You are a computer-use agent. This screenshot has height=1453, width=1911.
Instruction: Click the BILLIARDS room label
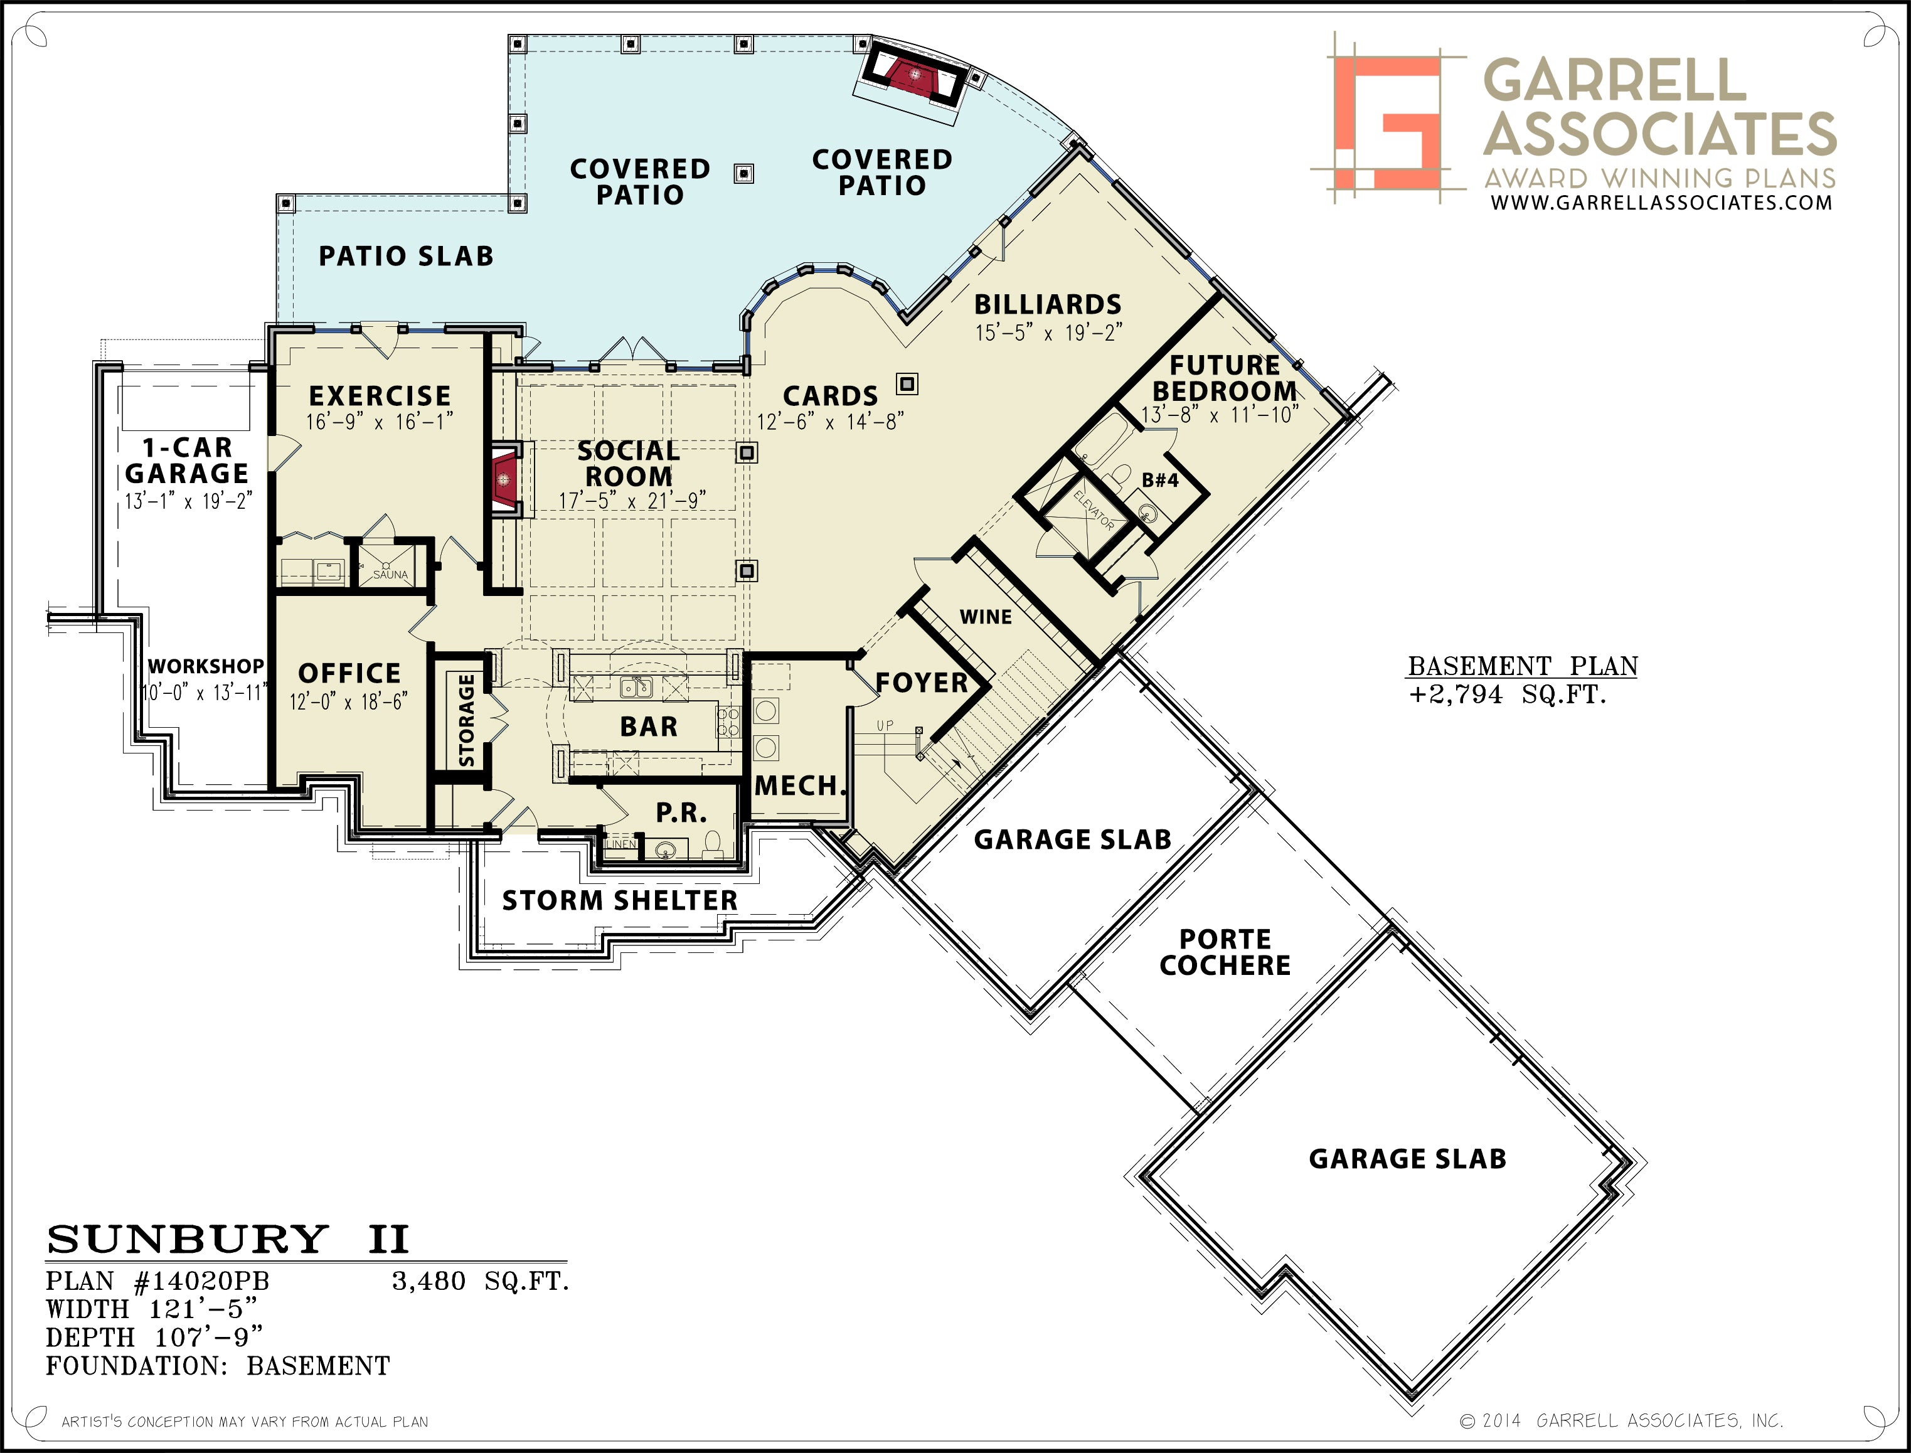[1047, 304]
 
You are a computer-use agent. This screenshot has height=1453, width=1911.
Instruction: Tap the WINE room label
[986, 617]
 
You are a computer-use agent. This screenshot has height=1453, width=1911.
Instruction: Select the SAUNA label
[390, 574]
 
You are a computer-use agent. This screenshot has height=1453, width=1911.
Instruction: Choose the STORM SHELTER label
[620, 900]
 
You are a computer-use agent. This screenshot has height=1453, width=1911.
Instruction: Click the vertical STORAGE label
[466, 720]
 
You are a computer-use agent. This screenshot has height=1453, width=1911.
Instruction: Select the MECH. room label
[800, 786]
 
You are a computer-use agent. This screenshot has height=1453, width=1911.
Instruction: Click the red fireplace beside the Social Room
[504, 479]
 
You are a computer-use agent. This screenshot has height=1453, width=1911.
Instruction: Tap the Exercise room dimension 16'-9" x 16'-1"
[380, 421]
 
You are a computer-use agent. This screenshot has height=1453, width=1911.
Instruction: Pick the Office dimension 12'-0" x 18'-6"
[348, 701]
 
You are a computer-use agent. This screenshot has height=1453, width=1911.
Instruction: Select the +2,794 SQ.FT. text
[1507, 695]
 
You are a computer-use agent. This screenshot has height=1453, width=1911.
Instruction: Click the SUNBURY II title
[227, 1238]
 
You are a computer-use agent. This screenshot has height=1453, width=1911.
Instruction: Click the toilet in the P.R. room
[713, 843]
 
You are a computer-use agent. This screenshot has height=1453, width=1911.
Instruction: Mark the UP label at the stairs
[885, 726]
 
